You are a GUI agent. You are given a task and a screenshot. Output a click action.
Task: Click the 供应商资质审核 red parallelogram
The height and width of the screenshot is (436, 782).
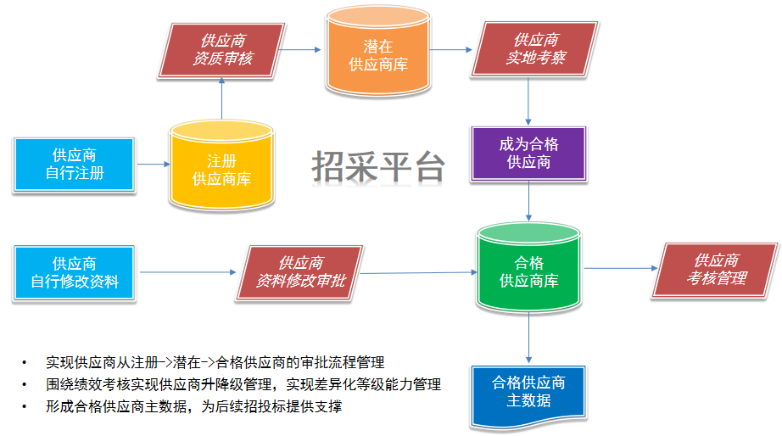click(x=222, y=50)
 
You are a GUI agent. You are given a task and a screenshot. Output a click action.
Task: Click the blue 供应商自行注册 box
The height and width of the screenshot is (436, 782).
click(x=75, y=165)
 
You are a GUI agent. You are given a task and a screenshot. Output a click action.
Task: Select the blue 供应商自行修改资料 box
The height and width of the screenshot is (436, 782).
click(x=75, y=272)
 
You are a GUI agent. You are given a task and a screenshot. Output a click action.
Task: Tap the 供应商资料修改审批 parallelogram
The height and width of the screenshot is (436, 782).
click(x=300, y=272)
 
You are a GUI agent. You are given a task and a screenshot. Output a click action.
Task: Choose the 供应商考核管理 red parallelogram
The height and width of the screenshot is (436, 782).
click(x=717, y=270)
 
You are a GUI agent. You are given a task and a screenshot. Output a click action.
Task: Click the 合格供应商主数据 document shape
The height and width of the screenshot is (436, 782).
click(x=528, y=392)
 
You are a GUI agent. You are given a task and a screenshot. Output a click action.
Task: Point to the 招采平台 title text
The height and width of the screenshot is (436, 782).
click(x=377, y=167)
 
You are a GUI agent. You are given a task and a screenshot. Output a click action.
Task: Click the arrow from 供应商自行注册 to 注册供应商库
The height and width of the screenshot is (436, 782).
click(x=152, y=165)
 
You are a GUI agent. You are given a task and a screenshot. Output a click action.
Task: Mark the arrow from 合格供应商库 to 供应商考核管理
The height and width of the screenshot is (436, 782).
click(x=619, y=269)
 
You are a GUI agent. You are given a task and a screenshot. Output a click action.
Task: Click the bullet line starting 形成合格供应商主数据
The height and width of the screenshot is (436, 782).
click(x=194, y=406)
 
